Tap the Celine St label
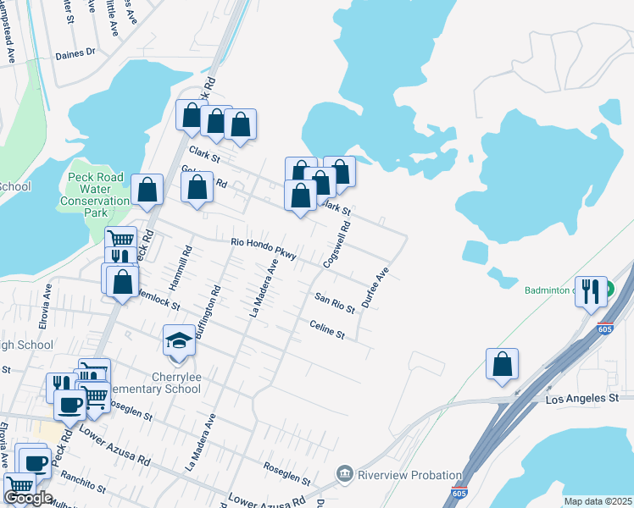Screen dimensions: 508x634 327,329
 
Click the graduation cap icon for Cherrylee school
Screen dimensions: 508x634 178,341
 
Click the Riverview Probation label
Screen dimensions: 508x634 409,475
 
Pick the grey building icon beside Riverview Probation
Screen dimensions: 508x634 345,474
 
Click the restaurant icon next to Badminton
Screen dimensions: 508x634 591,291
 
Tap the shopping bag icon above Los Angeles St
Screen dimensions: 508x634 503,364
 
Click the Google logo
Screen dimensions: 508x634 28,498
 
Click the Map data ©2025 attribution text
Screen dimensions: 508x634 597,501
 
